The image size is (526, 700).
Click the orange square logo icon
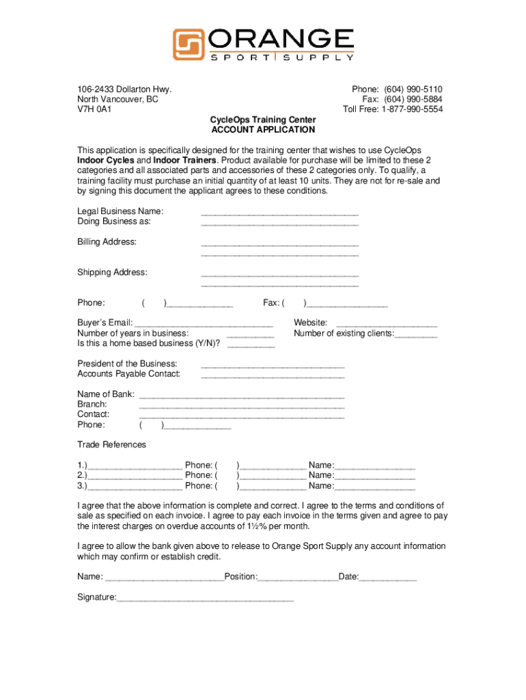[x=188, y=44]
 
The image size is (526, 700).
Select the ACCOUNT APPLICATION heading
[x=263, y=129]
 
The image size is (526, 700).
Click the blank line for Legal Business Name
[x=279, y=213]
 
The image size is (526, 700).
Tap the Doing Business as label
[x=114, y=221]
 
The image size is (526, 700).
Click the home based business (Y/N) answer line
[x=251, y=346]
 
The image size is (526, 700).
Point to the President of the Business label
[x=127, y=364]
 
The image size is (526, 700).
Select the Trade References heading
[x=111, y=444]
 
